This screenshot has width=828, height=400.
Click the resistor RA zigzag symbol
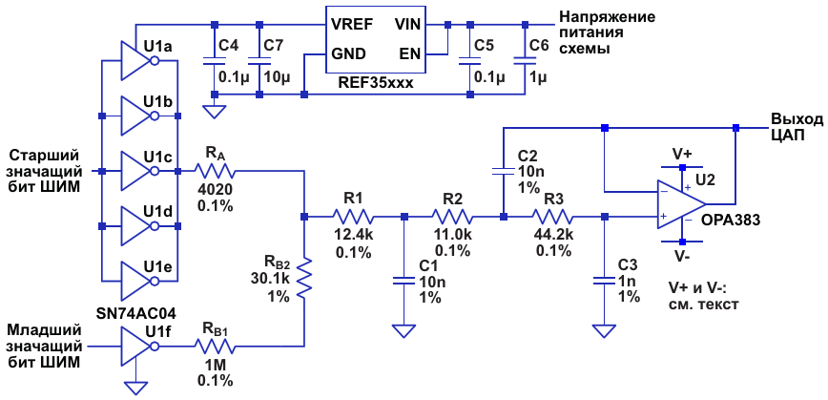pyautogui.click(x=216, y=172)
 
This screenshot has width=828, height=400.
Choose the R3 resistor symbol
pyautogui.click(x=553, y=217)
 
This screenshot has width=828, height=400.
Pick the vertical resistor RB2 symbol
pyautogui.click(x=303, y=278)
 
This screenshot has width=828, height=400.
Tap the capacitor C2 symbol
pyautogui.click(x=503, y=172)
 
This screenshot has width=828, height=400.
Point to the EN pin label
pyautogui.click(x=408, y=53)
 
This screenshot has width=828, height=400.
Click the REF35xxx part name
pyautogui.click(x=376, y=82)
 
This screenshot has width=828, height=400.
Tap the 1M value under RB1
pyautogui.click(x=216, y=365)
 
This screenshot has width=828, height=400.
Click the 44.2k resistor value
pyautogui.click(x=554, y=234)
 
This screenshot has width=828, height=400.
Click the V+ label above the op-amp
pyautogui.click(x=682, y=154)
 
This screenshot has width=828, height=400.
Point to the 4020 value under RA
pyautogui.click(x=216, y=189)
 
